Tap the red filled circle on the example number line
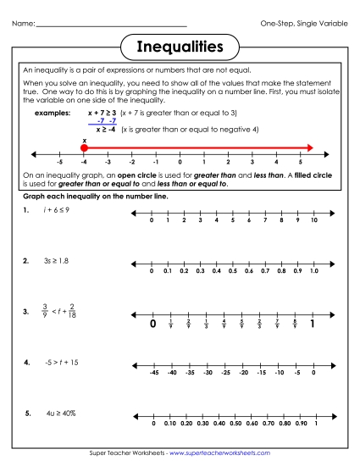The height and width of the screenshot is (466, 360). point(84,147)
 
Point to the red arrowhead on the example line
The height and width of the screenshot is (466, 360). point(310,147)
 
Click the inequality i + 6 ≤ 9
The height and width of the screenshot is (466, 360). point(58,208)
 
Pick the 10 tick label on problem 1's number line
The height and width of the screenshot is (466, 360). point(313,220)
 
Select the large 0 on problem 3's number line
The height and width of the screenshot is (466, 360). point(153,323)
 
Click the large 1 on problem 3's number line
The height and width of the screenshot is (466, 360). point(313,323)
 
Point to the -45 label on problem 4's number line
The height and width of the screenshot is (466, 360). point(153,373)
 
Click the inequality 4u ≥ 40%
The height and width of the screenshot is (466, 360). point(60,413)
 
